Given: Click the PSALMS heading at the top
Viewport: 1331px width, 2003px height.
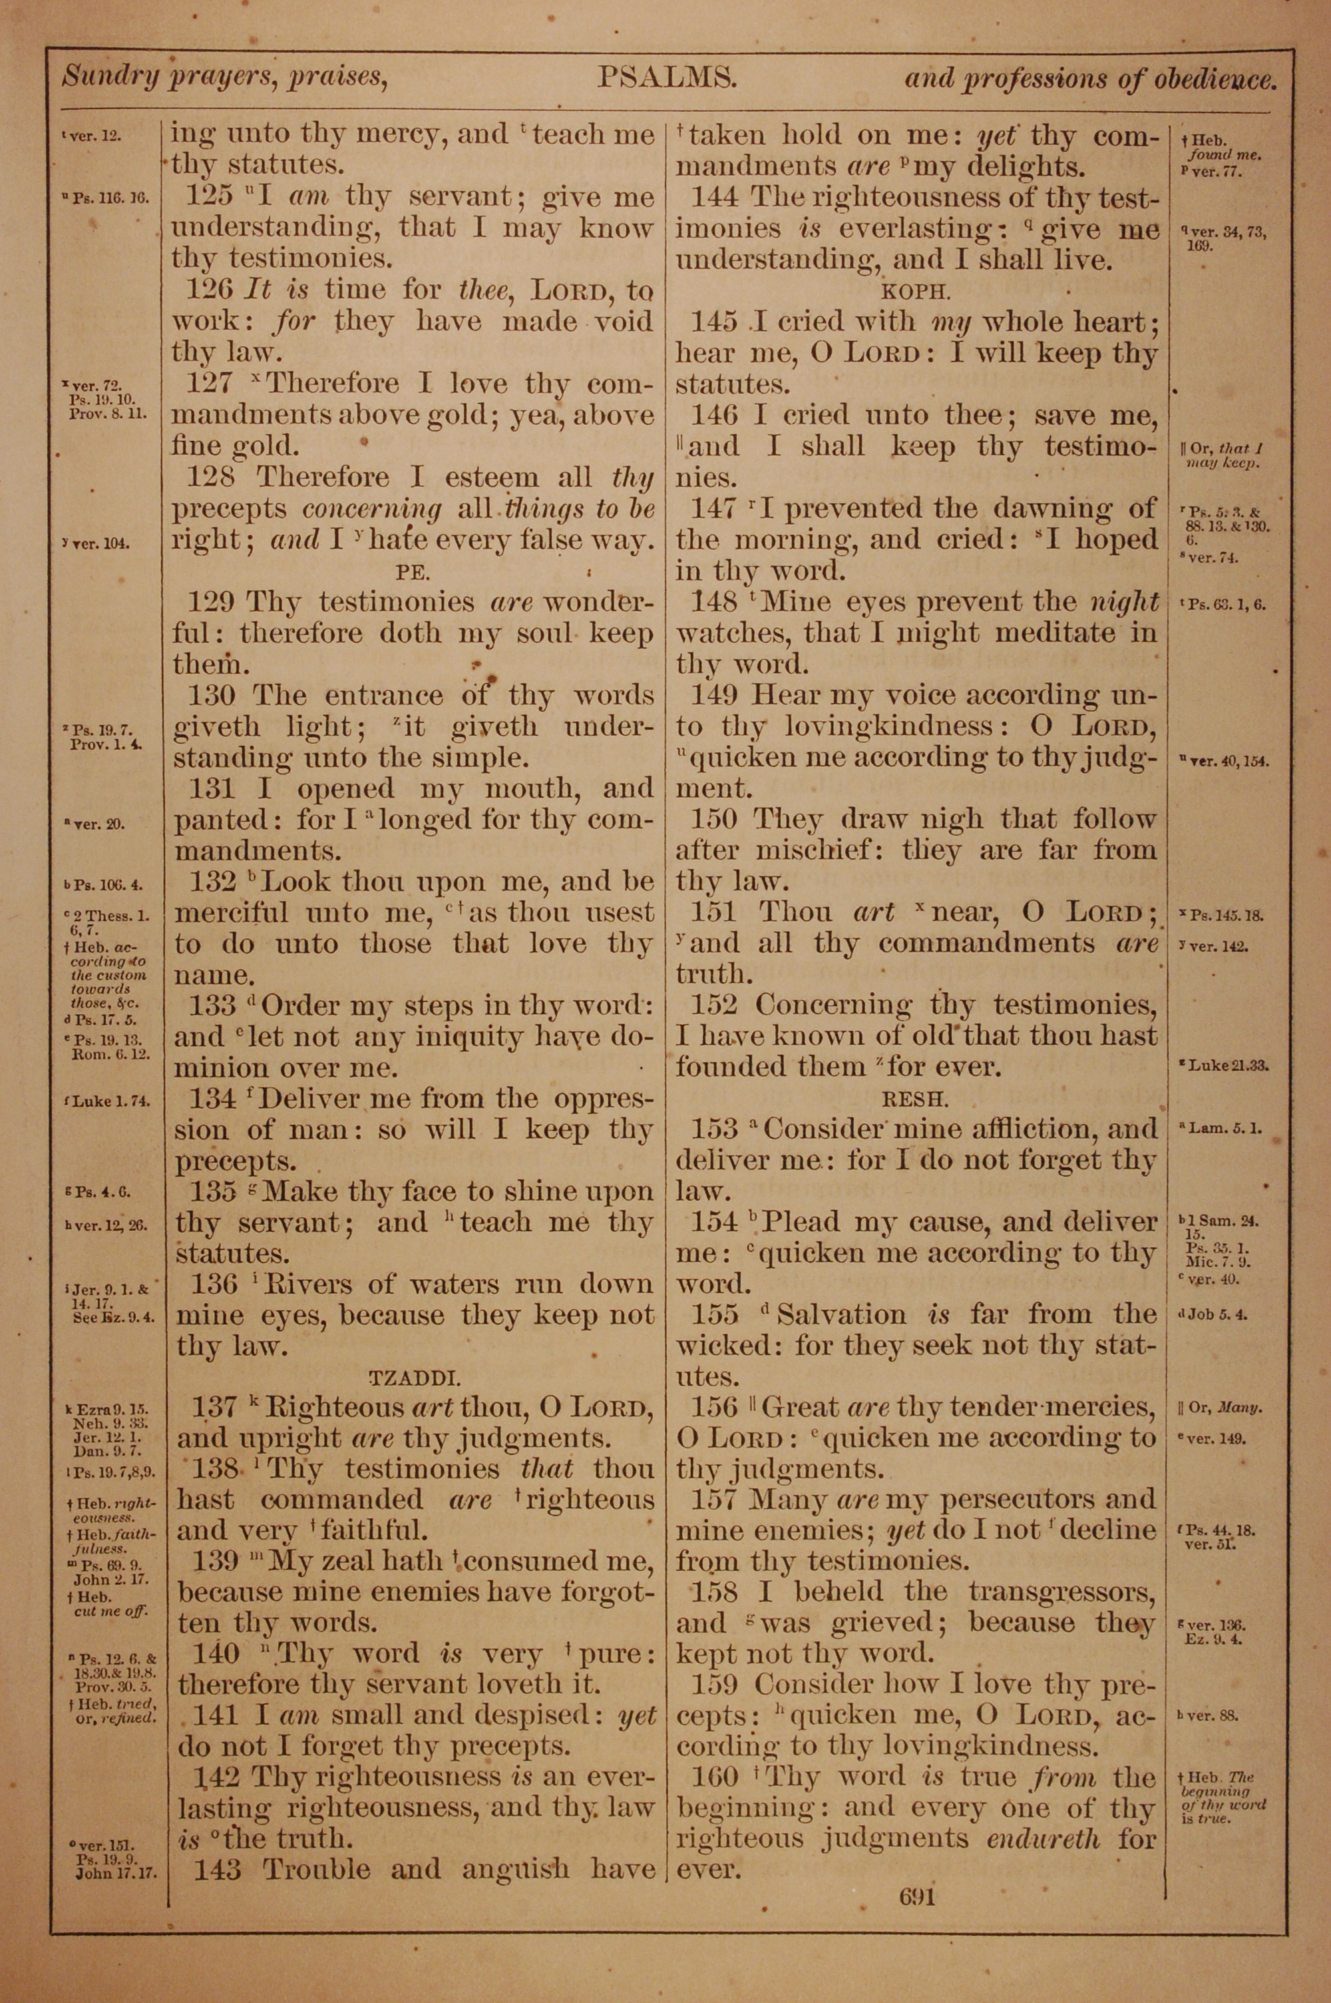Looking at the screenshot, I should point(665,79).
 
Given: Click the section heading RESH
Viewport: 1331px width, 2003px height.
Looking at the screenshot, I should point(915,1098).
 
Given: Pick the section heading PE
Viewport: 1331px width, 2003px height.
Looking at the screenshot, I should point(414,571).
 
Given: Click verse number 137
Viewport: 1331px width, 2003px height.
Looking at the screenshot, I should point(213,1408).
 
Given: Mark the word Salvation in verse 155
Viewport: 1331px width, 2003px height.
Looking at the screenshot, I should point(841,1315).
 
